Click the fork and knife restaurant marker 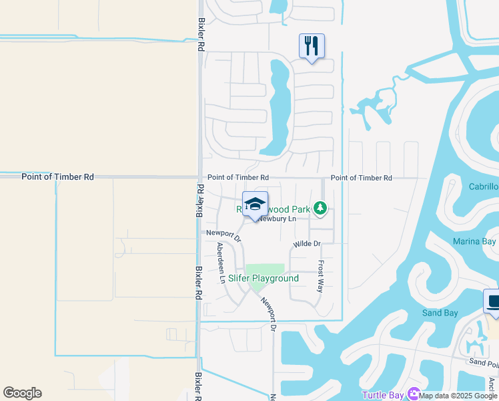pos(312,46)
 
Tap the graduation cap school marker pos(255,204)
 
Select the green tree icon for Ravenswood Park pos(321,209)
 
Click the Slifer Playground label pos(264,279)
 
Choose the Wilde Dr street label pos(307,244)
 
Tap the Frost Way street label pos(320,276)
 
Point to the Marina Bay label pos(474,241)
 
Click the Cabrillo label pos(484,186)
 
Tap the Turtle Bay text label pos(382,395)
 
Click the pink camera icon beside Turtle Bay pos(414,395)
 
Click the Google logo pos(22,393)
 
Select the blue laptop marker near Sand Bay pos(492,301)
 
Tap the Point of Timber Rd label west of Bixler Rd pos(57,177)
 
